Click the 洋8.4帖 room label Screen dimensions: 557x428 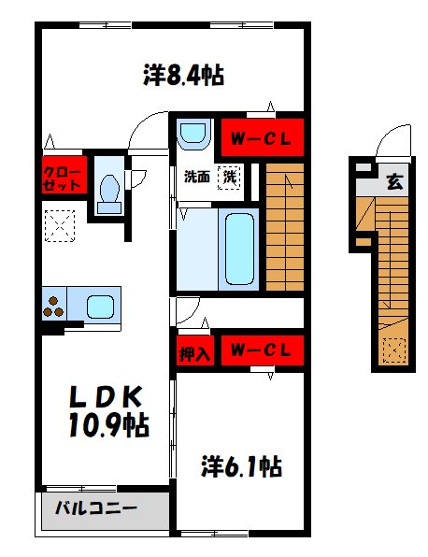(x=183, y=75)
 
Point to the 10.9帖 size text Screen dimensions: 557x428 (x=107, y=427)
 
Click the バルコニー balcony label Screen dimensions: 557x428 (x=95, y=509)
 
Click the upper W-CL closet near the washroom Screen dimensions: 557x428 (x=262, y=138)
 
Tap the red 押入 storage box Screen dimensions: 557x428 (x=193, y=351)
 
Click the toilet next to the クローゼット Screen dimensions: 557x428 (x=107, y=185)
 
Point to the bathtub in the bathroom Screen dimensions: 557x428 (x=240, y=247)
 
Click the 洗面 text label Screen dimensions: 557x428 (x=195, y=176)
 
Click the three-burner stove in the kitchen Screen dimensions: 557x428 (x=52, y=306)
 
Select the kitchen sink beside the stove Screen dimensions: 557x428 (x=100, y=306)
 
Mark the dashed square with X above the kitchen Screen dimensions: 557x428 (x=61, y=226)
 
